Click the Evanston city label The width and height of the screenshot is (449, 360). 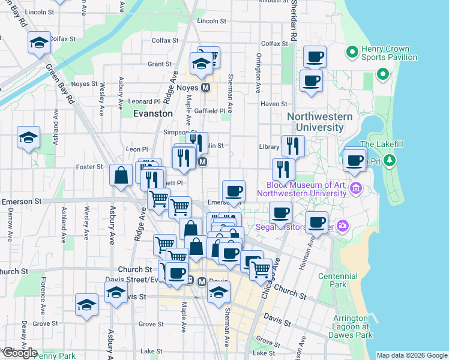[152, 113]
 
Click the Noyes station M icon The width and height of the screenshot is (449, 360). [206, 88]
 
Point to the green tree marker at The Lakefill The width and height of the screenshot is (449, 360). [390, 160]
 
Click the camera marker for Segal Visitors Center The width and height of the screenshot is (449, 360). [343, 226]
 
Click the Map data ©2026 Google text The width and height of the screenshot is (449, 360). [411, 355]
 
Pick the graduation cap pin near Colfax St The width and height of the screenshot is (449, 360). [39, 43]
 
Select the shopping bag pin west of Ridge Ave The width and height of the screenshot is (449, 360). [121, 176]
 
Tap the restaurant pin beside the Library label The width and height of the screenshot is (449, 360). [293, 146]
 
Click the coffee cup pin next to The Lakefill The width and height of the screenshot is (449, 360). [355, 160]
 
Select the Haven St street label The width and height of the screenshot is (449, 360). [274, 104]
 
